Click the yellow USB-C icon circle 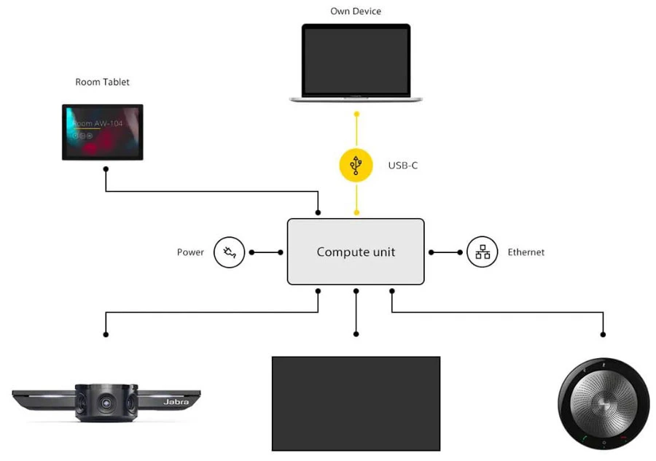(x=356, y=165)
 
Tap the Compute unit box (x=356, y=252)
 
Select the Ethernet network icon (x=482, y=252)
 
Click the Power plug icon (x=229, y=252)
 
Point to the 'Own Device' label (x=356, y=11)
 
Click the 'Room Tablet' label (x=102, y=82)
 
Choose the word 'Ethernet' (x=526, y=252)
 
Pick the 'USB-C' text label (x=402, y=166)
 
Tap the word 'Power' (x=190, y=252)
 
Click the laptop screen (x=356, y=60)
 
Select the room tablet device (x=102, y=132)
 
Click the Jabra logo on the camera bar (x=176, y=402)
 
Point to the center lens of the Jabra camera (x=106, y=401)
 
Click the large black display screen (x=356, y=403)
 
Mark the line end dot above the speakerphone (x=604, y=335)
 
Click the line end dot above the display (x=356, y=335)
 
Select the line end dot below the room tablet (x=106, y=169)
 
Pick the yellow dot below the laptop (x=356, y=115)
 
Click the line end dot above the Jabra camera (x=106, y=335)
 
